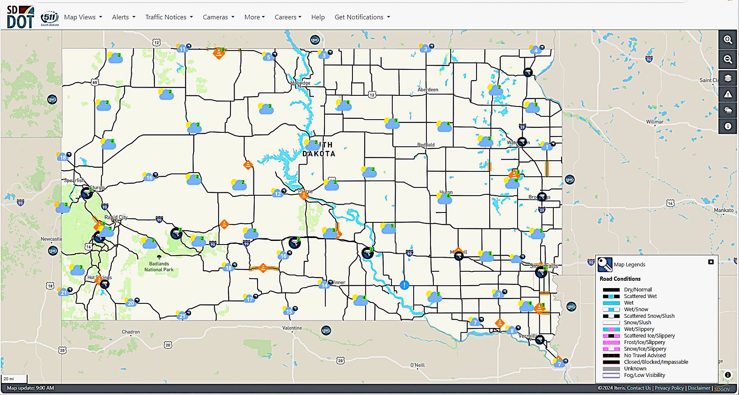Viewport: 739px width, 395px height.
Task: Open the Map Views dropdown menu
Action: pos(83,17)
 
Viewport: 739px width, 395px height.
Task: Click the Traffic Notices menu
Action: pos(169,17)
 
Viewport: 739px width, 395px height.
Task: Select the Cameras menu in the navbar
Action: pos(218,17)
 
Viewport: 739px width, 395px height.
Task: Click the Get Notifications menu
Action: pos(362,17)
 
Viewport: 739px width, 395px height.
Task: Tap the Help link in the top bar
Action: pos(318,17)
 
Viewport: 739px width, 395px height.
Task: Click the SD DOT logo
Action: pos(20,17)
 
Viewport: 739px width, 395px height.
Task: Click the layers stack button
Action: pos(728,78)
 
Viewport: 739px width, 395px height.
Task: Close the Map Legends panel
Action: pos(711,262)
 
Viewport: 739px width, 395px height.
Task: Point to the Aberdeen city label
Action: pos(428,90)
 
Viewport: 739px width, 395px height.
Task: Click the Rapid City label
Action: pos(116,217)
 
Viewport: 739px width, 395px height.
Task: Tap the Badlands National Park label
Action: pos(159,267)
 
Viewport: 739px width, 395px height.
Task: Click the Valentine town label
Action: pos(292,328)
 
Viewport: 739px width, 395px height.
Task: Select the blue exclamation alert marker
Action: pos(405,285)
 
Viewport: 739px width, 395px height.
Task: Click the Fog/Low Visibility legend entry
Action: pos(644,375)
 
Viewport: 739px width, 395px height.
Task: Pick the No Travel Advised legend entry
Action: pos(645,356)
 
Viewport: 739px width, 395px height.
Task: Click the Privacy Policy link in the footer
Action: pos(669,388)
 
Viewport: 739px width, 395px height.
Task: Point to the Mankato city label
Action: pos(723,210)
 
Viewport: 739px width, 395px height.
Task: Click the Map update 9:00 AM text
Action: pos(30,388)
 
